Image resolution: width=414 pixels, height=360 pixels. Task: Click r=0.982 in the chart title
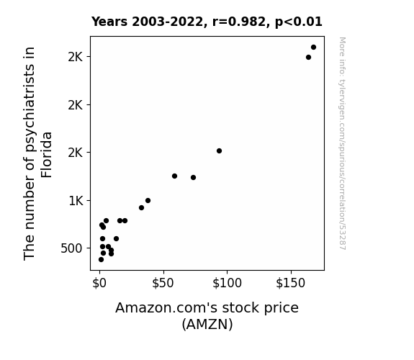click(239, 22)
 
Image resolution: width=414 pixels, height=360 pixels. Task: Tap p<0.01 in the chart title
click(299, 22)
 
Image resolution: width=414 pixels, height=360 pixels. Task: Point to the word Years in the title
click(109, 22)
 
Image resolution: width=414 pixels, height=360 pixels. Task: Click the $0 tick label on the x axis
click(99, 284)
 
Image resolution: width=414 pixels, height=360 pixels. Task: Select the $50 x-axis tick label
click(163, 284)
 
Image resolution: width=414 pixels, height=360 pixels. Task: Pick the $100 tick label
click(227, 284)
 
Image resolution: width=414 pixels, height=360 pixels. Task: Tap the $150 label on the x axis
click(291, 284)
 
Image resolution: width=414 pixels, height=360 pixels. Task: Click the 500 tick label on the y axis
click(71, 248)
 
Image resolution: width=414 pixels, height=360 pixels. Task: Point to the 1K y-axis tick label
click(76, 201)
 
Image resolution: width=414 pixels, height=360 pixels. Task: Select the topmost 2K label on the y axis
click(76, 57)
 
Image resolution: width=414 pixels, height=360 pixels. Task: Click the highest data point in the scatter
click(313, 48)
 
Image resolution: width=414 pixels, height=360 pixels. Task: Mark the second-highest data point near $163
click(308, 58)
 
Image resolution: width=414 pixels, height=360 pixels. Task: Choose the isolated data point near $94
click(219, 150)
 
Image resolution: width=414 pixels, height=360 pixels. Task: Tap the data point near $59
click(174, 176)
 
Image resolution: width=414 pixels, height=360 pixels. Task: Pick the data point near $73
click(193, 178)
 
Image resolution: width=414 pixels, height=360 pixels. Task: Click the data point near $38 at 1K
click(148, 200)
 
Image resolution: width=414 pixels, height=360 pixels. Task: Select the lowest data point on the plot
click(101, 260)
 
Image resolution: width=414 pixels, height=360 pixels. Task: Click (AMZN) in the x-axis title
click(207, 324)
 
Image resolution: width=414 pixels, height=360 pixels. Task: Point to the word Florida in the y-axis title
click(47, 155)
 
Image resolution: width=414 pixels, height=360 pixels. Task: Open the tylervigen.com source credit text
click(343, 143)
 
